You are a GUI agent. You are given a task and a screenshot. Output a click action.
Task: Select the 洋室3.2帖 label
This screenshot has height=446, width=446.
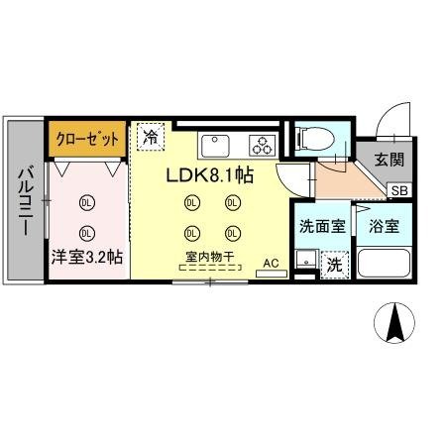[87, 257]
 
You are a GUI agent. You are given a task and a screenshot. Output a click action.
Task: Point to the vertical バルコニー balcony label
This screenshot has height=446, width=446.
[25, 202]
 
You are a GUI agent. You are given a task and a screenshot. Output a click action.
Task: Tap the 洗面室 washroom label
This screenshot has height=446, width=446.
[323, 225]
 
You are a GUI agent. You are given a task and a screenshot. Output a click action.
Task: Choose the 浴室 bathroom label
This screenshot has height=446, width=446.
[385, 225]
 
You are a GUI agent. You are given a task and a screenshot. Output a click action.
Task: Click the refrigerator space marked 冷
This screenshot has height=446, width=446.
[152, 137]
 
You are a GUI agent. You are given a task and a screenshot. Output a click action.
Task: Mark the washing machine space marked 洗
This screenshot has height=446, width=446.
[335, 265]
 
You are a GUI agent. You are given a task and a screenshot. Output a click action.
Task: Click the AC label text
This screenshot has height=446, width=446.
[271, 263]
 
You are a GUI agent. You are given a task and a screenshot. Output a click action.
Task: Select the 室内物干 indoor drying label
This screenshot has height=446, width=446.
[209, 258]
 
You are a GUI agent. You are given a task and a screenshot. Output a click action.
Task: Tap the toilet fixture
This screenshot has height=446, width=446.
[311, 139]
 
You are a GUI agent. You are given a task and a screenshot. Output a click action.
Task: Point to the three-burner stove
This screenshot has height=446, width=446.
[263, 145]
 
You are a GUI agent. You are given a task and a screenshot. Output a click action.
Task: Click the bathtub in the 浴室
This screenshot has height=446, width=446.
[384, 264]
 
